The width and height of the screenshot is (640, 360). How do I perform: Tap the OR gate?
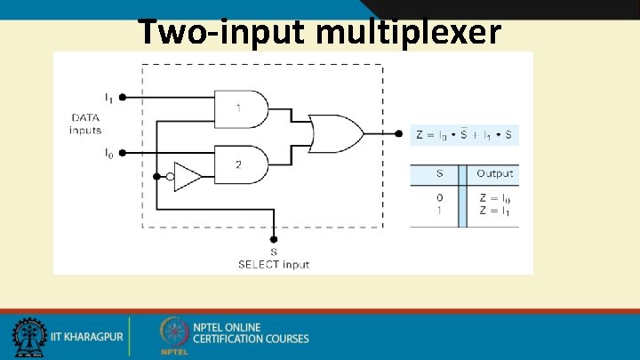(333, 133)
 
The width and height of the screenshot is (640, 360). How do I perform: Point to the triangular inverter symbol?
(187, 176)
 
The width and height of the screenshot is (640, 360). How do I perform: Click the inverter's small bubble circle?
(171, 176)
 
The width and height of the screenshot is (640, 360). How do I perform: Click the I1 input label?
(108, 96)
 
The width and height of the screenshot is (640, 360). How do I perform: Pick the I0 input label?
(108, 153)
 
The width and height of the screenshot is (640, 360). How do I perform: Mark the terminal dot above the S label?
(274, 239)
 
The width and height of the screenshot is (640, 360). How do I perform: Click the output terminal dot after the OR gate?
(397, 134)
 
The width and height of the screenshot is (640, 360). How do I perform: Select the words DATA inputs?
(85, 124)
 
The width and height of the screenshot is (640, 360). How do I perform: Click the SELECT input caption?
(274, 264)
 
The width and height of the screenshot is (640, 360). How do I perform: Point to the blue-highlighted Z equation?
(465, 135)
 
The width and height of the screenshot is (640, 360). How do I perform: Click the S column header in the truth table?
(439, 173)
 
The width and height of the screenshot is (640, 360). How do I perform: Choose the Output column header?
(494, 173)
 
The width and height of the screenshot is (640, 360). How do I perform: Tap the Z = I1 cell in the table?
(494, 211)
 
